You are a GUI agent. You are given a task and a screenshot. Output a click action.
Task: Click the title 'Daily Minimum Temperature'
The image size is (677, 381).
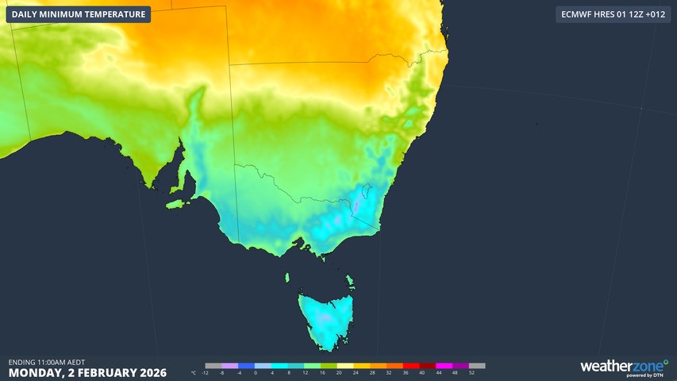79,14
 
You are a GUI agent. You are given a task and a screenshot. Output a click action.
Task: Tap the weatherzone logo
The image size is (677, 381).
623,367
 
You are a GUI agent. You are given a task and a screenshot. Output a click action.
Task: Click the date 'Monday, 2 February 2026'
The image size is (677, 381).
87,372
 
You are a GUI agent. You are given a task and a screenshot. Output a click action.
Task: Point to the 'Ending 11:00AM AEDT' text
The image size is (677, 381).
46,362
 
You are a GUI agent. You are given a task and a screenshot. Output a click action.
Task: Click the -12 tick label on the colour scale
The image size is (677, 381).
205,372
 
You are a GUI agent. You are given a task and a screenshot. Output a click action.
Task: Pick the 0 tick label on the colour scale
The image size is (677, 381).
255,372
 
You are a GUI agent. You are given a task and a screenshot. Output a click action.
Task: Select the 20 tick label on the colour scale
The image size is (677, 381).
339,372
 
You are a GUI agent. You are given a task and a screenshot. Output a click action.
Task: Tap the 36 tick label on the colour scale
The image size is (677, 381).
406,372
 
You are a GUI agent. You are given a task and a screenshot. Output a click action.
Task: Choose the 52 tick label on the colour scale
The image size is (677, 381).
472,372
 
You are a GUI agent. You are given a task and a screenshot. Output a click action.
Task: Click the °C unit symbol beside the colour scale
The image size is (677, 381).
193,372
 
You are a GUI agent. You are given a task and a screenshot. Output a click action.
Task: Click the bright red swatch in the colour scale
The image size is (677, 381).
410,366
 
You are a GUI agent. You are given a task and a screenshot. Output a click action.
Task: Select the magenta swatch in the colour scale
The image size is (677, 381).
444,366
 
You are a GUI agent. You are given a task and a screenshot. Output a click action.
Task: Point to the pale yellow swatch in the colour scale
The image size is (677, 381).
344,366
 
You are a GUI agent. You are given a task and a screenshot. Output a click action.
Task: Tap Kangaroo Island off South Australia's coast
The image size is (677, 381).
179,204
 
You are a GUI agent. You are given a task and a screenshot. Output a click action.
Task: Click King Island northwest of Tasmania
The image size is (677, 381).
288,277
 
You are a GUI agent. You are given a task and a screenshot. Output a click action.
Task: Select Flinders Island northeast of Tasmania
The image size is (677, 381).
349,281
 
